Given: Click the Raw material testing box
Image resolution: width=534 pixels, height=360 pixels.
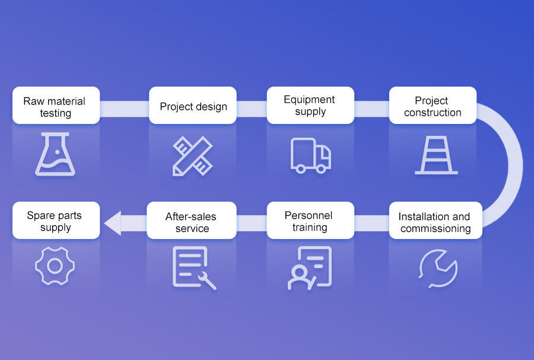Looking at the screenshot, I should point(56,106).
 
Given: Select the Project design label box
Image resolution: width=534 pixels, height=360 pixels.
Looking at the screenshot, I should point(193,106).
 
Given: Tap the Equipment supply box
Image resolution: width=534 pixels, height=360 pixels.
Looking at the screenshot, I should point(310,106).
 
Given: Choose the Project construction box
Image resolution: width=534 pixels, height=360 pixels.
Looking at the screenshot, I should point(433,106).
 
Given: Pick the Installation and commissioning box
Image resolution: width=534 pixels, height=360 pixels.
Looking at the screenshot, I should point(436,221).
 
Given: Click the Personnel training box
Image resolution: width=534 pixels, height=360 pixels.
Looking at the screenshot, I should point(310,221).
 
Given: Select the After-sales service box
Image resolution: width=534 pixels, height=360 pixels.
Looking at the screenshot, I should point(192,221).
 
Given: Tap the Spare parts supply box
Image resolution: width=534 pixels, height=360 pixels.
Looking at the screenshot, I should point(56,221).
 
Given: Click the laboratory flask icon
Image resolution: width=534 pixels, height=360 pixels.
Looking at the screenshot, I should point(55,155).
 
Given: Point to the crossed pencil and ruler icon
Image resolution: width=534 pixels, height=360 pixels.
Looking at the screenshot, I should point(193,156).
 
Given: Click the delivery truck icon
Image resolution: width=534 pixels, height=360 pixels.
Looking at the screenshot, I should point(310,155).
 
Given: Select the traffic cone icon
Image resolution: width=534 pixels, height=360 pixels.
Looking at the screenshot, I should point(436,155).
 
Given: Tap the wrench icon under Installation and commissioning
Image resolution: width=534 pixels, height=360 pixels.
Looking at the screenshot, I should point(437,267).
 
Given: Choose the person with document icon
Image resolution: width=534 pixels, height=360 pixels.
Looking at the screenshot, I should point(310,267).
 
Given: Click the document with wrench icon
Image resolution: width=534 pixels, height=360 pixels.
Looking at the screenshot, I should point(193,267).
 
